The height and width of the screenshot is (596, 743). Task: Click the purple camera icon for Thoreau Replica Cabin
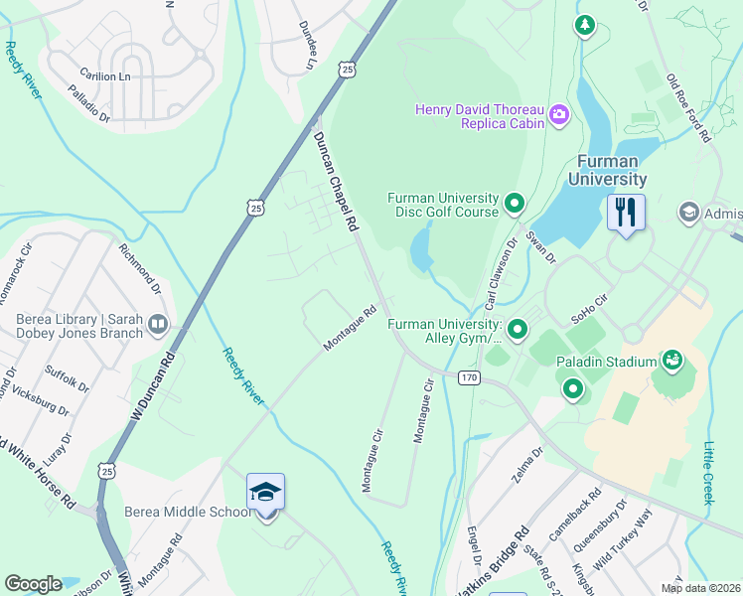559,116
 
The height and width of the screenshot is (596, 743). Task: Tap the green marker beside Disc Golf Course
515,205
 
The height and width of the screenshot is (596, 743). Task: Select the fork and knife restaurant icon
626,213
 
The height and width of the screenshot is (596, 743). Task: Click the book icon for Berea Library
158,324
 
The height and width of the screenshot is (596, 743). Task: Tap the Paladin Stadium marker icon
672,359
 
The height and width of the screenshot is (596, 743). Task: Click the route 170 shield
469,377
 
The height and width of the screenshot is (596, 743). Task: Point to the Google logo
33,583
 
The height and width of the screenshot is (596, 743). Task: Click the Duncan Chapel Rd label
336,183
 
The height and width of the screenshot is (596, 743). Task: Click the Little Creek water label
709,473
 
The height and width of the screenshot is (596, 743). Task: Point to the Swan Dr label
541,244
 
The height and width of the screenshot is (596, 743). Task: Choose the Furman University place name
607,170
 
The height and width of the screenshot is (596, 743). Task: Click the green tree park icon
585,26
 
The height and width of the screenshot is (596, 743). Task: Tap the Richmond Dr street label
140,271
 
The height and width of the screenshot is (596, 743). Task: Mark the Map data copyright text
700,588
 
